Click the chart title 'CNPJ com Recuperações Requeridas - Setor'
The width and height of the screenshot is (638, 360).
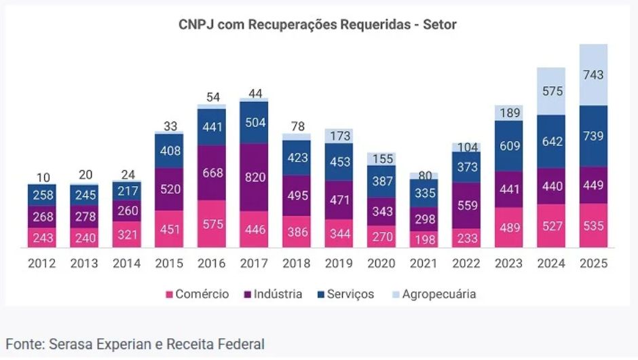[318, 25]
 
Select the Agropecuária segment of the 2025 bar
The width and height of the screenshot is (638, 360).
[593, 75]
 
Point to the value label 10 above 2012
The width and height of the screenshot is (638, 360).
[43, 177]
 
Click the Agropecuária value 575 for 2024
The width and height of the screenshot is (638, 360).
[550, 90]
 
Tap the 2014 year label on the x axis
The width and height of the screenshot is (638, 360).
[127, 264]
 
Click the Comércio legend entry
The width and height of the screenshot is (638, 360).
[198, 294]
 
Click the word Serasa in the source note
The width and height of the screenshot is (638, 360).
[71, 344]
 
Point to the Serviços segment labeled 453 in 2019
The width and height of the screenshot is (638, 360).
[339, 162]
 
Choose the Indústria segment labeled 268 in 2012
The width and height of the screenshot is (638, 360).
[43, 217]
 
